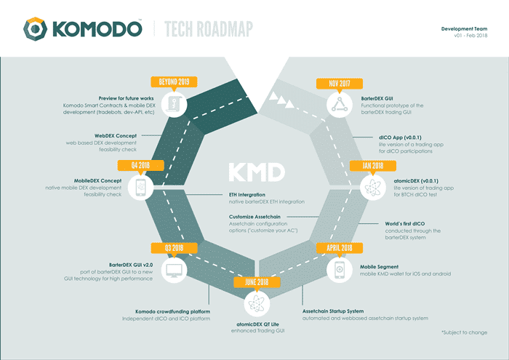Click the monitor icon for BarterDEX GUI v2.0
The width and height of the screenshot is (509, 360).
(x=173, y=271)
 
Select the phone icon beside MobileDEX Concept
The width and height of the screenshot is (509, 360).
(x=140, y=188)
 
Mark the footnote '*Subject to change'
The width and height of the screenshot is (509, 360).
(x=465, y=332)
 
